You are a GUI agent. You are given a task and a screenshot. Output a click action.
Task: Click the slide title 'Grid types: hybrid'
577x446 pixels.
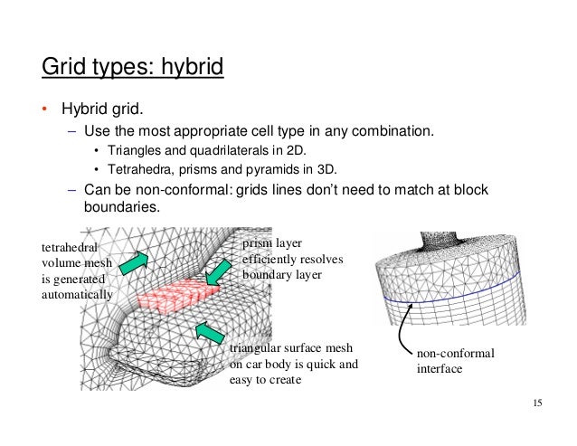click(132, 67)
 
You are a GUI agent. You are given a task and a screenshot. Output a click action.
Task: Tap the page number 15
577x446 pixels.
click(539, 403)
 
